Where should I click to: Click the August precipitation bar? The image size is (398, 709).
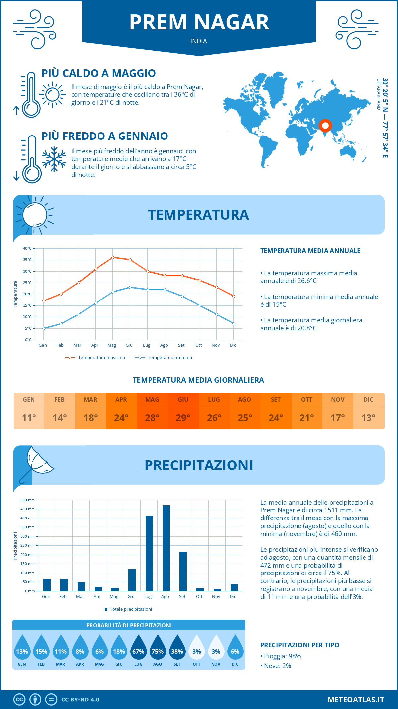point(166,548)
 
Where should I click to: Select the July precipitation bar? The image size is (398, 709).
point(149,553)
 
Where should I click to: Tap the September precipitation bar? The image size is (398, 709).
point(183,571)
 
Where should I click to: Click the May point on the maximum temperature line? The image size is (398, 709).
point(113,257)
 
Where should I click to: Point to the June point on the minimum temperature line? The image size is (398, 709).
point(130,287)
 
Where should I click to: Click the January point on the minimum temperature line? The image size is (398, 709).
point(44,328)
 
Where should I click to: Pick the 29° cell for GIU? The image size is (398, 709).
point(183,418)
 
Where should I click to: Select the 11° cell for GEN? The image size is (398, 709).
point(29,418)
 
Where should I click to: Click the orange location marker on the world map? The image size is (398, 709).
point(325,126)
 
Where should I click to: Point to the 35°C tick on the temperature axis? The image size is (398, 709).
point(27,260)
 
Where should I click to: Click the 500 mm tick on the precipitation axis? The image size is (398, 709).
point(28,500)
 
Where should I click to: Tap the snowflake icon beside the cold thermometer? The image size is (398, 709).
point(54,159)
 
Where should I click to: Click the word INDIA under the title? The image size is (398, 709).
point(199,41)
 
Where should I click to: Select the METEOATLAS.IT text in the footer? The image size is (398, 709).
point(356,699)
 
